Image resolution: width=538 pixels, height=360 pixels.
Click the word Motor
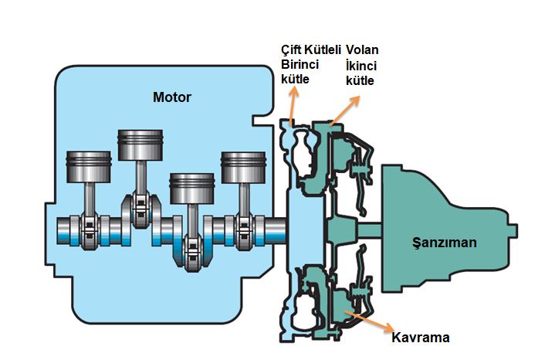171,97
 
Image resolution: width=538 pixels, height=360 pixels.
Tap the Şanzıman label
443,243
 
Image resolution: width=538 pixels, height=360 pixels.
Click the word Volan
363,50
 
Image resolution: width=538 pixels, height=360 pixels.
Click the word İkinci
361,65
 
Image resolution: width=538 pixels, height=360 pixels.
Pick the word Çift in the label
291,50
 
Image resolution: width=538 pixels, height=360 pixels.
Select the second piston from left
139,144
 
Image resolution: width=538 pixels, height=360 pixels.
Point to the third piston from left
191,188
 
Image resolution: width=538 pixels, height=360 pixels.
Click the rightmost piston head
243,165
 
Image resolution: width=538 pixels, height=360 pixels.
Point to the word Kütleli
323,50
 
